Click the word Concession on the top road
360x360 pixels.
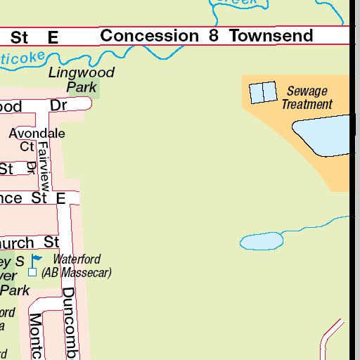tap(149, 35)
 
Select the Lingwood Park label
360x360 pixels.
tap(81, 80)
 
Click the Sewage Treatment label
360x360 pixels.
tap(307, 98)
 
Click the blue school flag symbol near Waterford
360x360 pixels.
tap(36, 260)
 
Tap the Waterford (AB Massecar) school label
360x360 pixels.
tap(76, 266)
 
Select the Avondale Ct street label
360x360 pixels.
tap(37, 139)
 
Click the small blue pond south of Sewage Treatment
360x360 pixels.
tap(262, 241)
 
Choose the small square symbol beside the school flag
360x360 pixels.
tap(32, 272)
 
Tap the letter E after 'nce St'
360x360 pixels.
tap(60, 199)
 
